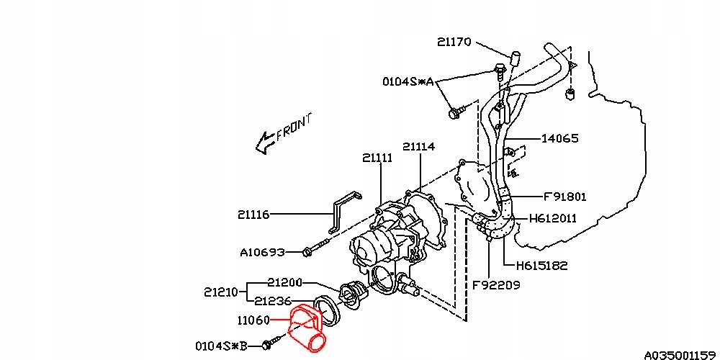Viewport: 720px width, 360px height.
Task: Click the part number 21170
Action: point(454,42)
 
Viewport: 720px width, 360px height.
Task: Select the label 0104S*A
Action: point(408,81)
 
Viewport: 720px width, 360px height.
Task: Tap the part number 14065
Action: point(559,138)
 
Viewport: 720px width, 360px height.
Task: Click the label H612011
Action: point(552,218)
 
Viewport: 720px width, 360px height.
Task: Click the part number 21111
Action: point(377,158)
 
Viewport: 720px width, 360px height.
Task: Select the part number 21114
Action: point(418,146)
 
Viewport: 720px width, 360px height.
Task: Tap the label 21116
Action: point(253,214)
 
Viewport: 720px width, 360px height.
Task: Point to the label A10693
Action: point(262,252)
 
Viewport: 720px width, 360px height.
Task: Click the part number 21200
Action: point(284,282)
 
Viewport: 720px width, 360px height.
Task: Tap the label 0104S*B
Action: point(222,346)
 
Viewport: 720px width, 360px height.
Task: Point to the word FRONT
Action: point(294,128)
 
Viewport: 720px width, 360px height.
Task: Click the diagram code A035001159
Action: point(679,354)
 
